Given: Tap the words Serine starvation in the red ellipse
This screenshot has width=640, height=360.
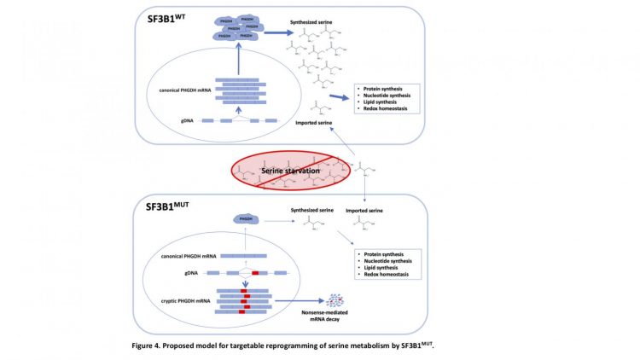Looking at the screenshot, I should tap(290, 171).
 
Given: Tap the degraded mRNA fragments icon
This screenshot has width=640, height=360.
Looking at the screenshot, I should tap(335, 302).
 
